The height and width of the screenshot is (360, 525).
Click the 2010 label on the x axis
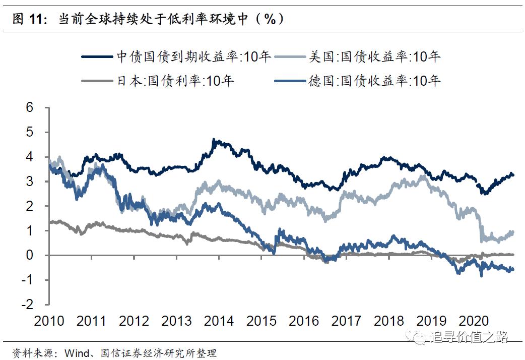point(49,321)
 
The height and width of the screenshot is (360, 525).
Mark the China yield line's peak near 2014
point(214,140)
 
